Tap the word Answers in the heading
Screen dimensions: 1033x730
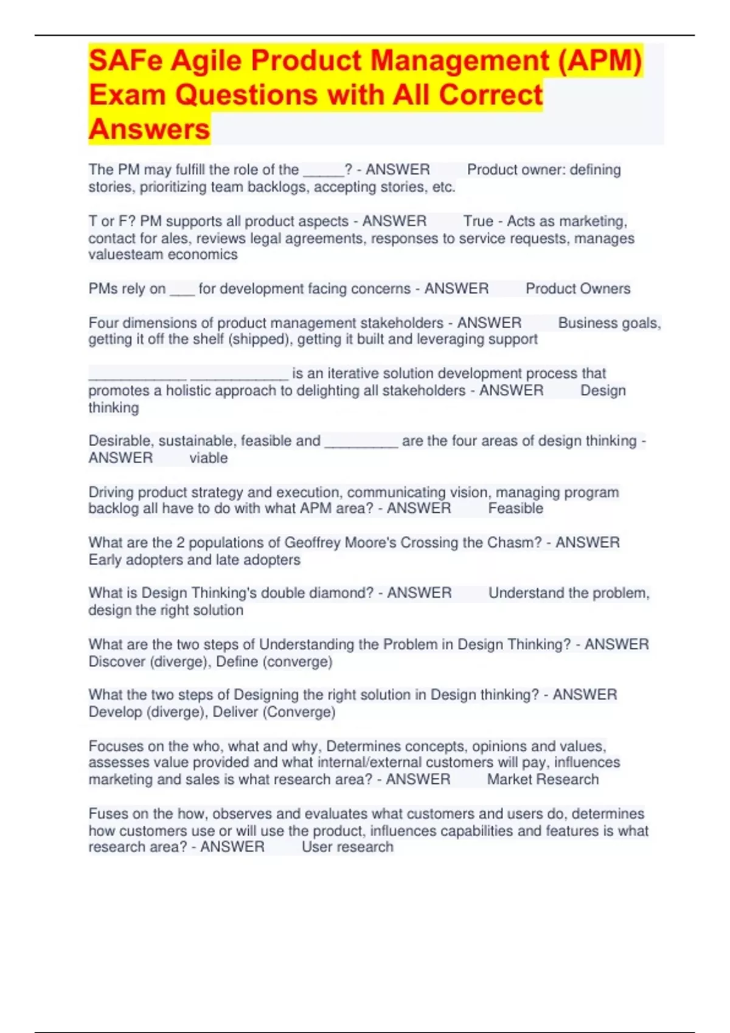149,129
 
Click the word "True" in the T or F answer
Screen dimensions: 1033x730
478,221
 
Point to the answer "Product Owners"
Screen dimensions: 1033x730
578,289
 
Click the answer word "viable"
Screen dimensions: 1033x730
209,458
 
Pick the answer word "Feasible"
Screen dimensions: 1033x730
515,509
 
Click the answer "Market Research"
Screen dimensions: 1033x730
543,780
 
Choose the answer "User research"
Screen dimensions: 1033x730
347,847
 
